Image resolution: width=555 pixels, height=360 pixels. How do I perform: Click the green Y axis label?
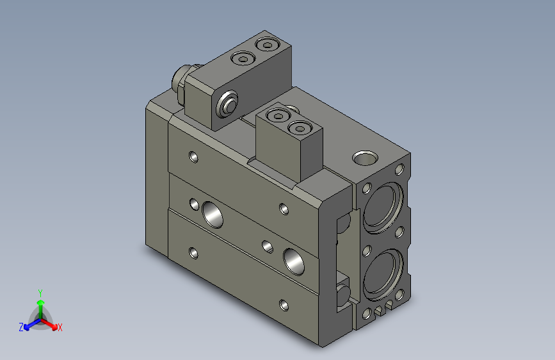point(40,291)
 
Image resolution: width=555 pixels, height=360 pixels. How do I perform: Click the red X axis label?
point(60,327)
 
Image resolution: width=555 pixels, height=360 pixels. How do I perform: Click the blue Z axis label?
point(21,327)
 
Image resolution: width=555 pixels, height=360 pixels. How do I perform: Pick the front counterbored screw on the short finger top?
point(300,129)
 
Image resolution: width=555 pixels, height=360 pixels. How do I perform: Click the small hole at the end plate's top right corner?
point(401,169)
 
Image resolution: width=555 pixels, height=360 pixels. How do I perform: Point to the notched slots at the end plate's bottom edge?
point(383,309)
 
